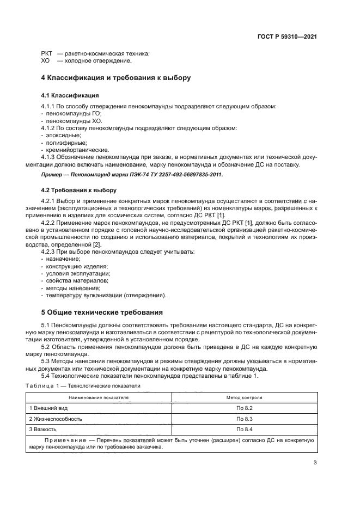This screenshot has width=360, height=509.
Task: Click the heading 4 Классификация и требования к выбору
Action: point(116,78)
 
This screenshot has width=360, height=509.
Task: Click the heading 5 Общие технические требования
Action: point(102,313)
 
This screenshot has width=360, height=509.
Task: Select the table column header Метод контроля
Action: point(245,397)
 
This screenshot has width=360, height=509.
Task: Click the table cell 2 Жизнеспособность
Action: point(56,419)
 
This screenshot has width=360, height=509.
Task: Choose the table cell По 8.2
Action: point(245,407)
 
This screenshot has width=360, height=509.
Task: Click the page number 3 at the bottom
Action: point(315,463)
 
